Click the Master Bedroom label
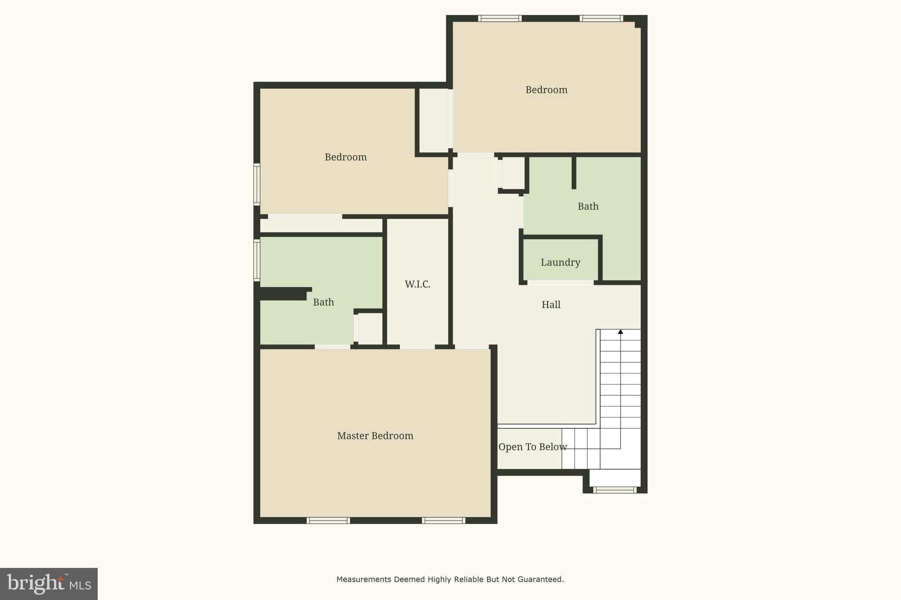coord(375,436)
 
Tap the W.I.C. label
coord(418,284)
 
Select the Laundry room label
coord(560,262)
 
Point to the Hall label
coord(551,305)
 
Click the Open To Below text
coord(532,447)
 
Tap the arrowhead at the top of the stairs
coord(620,332)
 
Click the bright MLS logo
coord(49,584)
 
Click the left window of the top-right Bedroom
coord(500,18)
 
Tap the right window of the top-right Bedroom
coord(601,18)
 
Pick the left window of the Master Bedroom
coord(328,520)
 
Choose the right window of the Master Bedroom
coord(443,520)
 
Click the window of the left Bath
coord(256,260)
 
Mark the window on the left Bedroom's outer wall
coord(256,184)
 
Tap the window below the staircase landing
coord(615,490)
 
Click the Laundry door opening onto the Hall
coord(560,283)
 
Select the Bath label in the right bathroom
coord(588,206)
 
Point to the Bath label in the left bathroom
coord(323,302)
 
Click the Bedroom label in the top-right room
coord(546,90)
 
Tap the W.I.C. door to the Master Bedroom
coord(417,347)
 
